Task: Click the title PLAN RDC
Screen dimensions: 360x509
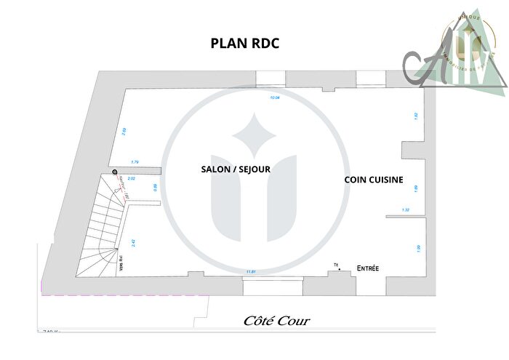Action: (244, 43)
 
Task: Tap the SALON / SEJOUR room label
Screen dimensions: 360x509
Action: (236, 169)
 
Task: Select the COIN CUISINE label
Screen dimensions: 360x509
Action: (374, 180)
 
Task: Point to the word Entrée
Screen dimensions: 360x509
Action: (367, 268)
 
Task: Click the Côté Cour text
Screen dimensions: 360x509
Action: (276, 321)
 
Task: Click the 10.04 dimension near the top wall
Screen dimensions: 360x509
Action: (275, 97)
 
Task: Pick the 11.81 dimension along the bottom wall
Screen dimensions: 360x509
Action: (252, 271)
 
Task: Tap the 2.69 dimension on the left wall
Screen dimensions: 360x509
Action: (125, 132)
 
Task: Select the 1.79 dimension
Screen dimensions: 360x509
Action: (135, 161)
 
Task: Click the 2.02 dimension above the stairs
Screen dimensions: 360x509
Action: (132, 178)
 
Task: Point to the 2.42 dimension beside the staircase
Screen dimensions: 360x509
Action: (133, 243)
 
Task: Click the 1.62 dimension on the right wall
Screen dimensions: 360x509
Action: (415, 115)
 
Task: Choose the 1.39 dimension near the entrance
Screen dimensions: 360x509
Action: (417, 249)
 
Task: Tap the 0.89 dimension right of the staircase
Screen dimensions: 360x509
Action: (155, 188)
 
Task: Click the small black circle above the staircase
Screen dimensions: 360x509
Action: (115, 172)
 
